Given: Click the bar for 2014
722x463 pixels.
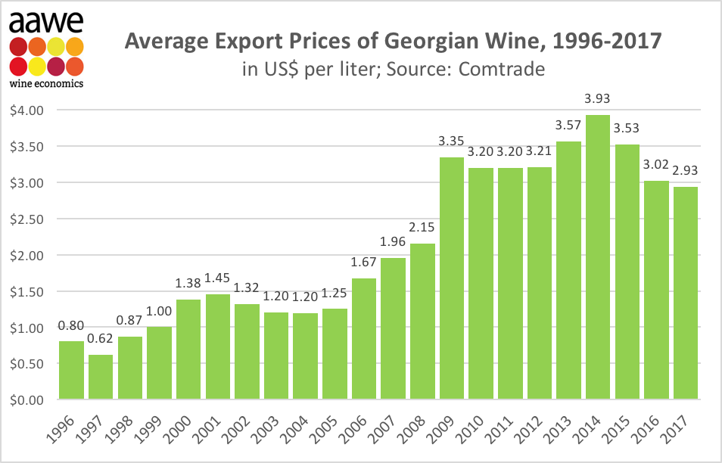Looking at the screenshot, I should [x=598, y=257].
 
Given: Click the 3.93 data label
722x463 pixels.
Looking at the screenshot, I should [x=598, y=98].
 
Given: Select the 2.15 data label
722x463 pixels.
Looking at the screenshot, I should [x=422, y=227].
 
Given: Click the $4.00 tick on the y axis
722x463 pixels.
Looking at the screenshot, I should [x=27, y=110].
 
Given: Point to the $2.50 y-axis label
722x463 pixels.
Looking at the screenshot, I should [x=27, y=219].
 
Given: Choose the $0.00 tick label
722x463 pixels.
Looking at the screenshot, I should [x=27, y=400].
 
